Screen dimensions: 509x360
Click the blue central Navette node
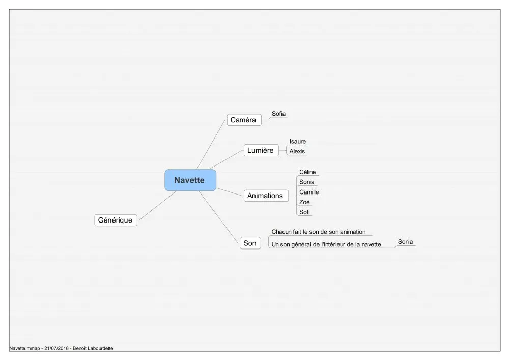coord(190,180)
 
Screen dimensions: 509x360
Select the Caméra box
coord(244,120)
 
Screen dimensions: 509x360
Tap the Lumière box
coord(261,150)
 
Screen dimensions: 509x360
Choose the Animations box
coord(266,196)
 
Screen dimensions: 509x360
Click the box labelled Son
coord(250,243)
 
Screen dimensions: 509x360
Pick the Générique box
coord(116,220)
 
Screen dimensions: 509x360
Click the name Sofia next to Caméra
coord(278,114)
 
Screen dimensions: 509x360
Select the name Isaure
coord(298,142)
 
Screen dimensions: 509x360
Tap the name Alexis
coord(297,151)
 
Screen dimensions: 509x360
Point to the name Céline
coord(307,172)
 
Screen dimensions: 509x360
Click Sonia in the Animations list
coord(307,182)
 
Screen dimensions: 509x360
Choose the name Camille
coord(309,192)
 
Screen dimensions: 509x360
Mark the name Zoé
coord(304,202)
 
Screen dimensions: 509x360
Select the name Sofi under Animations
coord(304,212)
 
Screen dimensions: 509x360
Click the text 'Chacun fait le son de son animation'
coord(319,232)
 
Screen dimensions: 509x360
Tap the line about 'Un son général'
coord(326,245)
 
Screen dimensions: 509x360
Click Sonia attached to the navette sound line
coord(406,242)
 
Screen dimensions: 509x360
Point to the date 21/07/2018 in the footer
coord(56,348)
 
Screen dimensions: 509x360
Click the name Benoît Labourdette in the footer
coord(93,348)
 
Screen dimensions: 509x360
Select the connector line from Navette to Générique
coord(157,206)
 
